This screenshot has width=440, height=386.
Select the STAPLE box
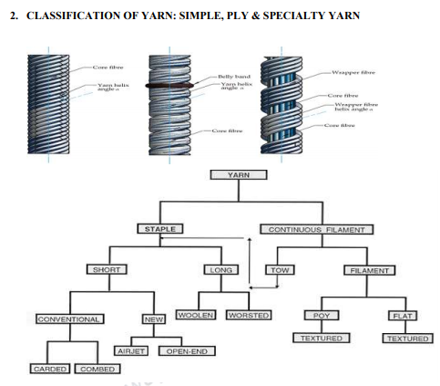click(x=160, y=228)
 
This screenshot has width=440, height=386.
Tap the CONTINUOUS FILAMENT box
click(x=315, y=228)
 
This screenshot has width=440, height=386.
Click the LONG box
click(x=220, y=270)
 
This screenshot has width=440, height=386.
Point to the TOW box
click(x=277, y=270)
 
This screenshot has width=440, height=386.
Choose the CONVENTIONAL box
click(x=68, y=319)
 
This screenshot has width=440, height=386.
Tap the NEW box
click(x=153, y=319)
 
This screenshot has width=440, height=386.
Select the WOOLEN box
click(x=196, y=315)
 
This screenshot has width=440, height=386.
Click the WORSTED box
click(x=249, y=315)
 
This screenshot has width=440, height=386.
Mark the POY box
click(x=320, y=315)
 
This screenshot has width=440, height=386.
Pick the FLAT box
click(x=402, y=315)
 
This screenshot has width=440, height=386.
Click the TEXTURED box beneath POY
click(x=320, y=339)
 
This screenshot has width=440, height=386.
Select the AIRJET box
click(x=132, y=350)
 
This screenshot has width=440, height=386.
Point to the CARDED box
click(x=49, y=369)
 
